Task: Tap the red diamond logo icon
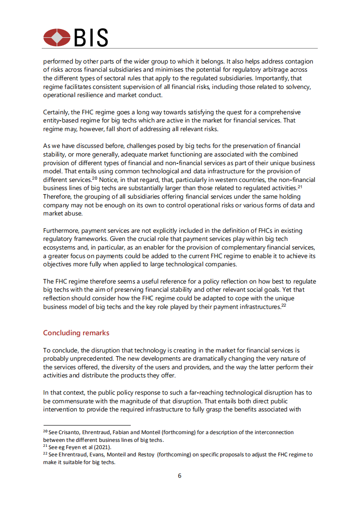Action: [x=57, y=38]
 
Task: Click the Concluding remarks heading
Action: [x=76, y=333]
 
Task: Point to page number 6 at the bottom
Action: [x=180, y=476]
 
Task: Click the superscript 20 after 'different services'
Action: [x=95, y=178]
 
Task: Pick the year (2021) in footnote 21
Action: [x=103, y=447]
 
